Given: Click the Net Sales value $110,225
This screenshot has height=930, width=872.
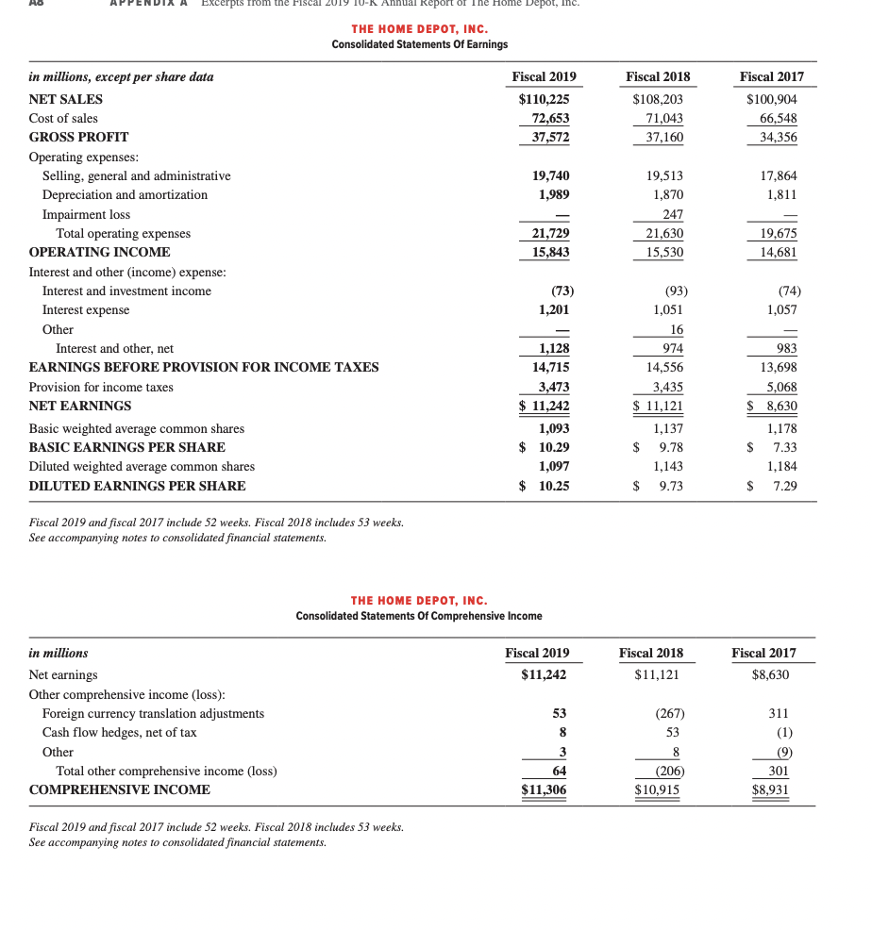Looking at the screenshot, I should (545, 99).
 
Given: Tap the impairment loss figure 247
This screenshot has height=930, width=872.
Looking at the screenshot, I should (671, 214).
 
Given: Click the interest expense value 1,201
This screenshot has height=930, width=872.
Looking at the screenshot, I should (553, 310).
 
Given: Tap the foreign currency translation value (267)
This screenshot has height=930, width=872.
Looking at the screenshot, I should (667, 714).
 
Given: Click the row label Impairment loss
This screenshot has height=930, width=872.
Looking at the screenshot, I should (86, 214).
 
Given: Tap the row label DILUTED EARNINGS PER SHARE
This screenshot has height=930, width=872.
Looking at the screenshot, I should (137, 487).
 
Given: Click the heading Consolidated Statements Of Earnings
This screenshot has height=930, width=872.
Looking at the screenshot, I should (419, 45).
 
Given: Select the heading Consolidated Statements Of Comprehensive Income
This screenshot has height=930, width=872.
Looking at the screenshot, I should (419, 616).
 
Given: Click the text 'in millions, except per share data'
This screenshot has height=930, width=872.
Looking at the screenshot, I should (121, 77).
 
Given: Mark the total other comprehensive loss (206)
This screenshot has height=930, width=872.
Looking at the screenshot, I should (665, 772).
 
